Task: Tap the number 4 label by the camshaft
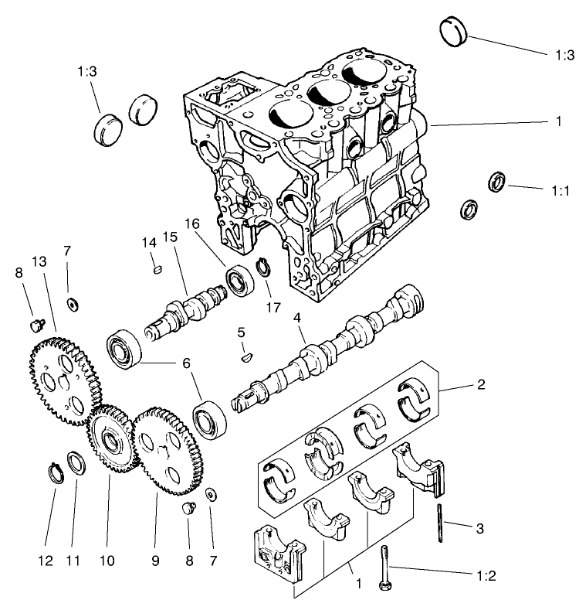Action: [298, 318]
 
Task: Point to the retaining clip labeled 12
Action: [54, 471]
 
